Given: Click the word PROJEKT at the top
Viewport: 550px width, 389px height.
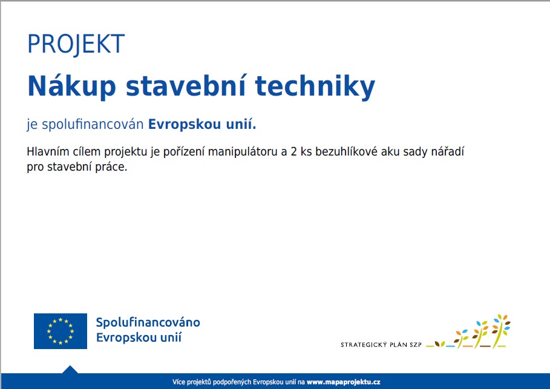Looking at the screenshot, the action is point(76,44).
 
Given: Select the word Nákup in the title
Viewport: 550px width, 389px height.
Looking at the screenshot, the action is point(71,87).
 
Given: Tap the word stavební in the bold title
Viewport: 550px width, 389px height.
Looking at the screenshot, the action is point(186,86).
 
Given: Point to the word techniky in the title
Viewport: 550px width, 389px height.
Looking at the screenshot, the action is point(315,87).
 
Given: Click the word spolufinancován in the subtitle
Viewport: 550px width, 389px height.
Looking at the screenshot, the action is point(93,125).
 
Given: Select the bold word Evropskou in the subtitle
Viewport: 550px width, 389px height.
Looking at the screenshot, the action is point(185,125).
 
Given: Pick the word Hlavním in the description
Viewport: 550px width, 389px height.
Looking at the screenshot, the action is point(48,151).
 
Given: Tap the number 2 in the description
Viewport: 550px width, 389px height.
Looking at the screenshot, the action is point(294,152).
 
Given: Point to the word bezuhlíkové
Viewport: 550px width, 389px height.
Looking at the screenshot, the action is point(346,151).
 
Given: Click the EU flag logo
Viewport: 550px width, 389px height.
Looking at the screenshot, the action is point(61,331).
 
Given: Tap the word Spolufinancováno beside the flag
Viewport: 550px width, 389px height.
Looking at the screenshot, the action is point(148,322).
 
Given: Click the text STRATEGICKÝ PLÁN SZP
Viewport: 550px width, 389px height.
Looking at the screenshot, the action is point(381,345).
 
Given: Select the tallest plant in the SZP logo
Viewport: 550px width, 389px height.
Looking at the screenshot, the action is point(501,331).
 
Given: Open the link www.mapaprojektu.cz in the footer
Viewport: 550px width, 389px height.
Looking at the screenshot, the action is point(344,382).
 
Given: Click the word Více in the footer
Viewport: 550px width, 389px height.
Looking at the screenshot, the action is point(178,382).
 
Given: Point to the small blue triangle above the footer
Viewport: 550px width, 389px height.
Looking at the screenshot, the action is point(70,370).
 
